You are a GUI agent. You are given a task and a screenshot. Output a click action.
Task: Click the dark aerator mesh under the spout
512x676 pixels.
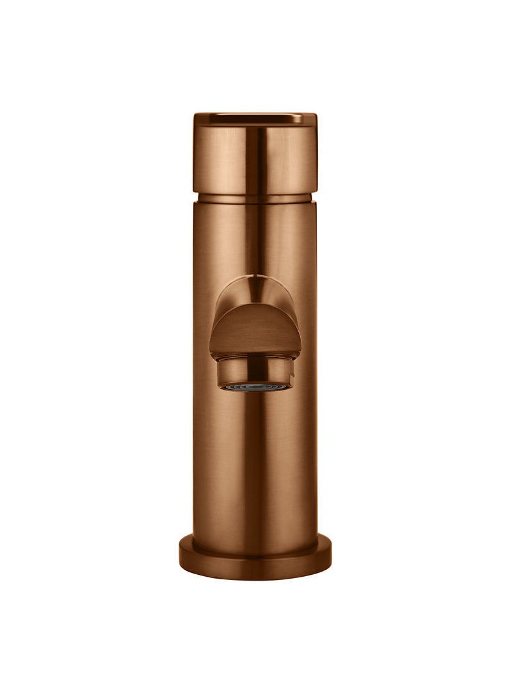[255, 387]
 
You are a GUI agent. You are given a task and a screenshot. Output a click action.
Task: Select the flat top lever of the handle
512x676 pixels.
[255, 118]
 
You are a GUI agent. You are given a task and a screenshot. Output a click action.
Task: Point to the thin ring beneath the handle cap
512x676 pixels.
[255, 198]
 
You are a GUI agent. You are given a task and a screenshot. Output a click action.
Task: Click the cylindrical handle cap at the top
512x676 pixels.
[255, 157]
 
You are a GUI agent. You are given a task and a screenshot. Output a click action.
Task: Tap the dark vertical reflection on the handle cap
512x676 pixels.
[262, 157]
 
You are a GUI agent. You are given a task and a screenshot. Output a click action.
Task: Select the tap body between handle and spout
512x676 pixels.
[255, 237]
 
